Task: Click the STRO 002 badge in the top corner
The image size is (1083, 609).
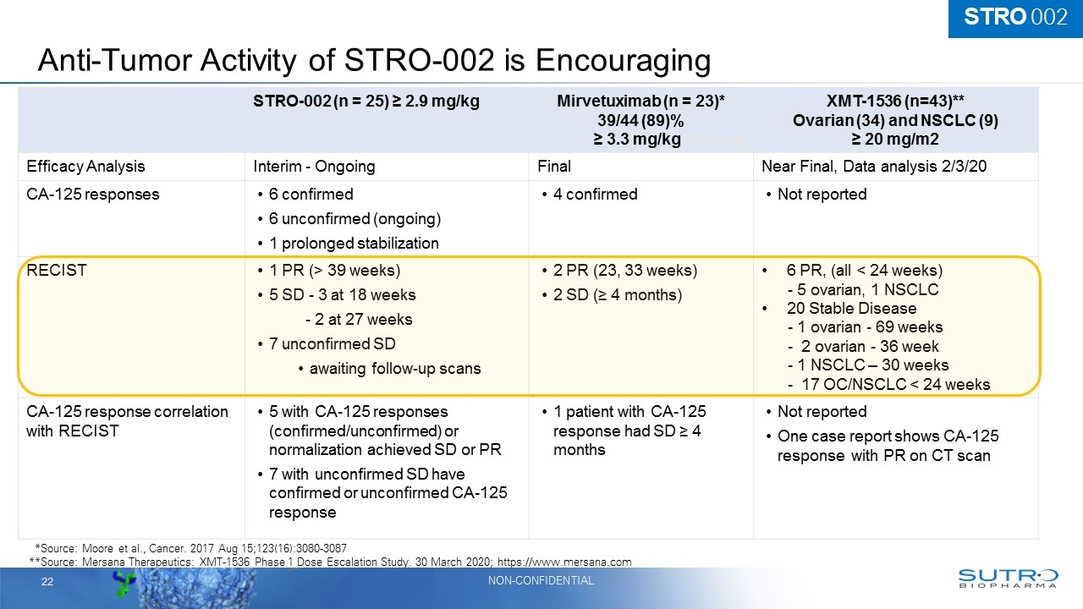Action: click(1015, 18)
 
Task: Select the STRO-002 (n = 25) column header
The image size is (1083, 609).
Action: click(366, 102)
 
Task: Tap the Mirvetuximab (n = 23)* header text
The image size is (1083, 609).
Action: click(641, 102)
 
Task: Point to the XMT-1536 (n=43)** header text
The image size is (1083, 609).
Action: click(895, 102)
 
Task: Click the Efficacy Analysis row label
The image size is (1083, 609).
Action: click(85, 167)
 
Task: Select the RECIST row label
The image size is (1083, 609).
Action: click(56, 271)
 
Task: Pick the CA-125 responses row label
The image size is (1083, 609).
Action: click(93, 195)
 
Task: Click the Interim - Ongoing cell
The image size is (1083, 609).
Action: click(309, 167)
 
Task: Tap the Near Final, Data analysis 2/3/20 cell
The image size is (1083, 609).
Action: click(874, 167)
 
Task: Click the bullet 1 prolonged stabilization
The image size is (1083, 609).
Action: click(354, 244)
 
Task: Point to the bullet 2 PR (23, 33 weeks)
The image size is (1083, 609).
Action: click(624, 271)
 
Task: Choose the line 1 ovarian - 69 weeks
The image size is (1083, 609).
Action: click(865, 327)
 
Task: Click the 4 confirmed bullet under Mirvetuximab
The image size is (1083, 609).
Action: click(594, 195)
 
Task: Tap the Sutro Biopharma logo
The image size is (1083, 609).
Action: click(1007, 578)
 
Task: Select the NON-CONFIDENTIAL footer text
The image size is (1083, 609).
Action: click(541, 580)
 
